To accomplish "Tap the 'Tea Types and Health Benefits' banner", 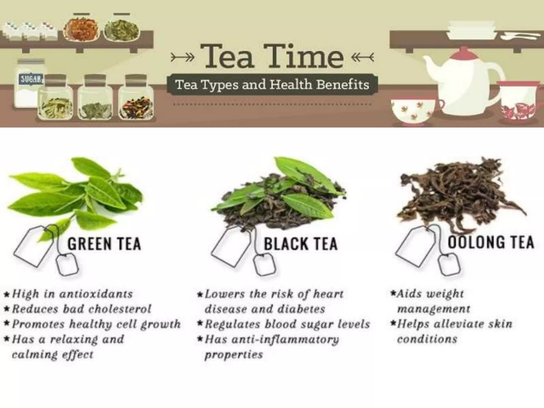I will (x=272, y=85).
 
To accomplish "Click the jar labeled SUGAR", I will (x=29, y=84).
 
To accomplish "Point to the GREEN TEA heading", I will (x=104, y=244).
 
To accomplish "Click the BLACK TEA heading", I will (x=300, y=244).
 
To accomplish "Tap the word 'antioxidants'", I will (x=96, y=294).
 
